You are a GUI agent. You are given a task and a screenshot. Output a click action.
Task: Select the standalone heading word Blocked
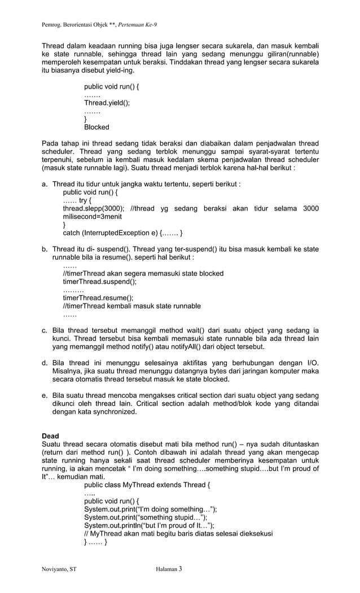pos(96,127)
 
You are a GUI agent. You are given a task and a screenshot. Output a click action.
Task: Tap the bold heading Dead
pos(51,436)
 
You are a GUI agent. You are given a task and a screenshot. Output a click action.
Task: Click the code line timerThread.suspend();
pos(99,282)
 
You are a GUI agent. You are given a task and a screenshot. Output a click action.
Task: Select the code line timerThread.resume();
pos(98,298)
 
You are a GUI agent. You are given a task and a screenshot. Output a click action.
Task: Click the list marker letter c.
pos(45,331)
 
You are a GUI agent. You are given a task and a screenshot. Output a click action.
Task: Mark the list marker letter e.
pos(45,396)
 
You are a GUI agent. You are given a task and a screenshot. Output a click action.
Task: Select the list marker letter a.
pos(45,184)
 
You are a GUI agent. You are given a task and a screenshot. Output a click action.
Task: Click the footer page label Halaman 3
pos(168,569)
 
